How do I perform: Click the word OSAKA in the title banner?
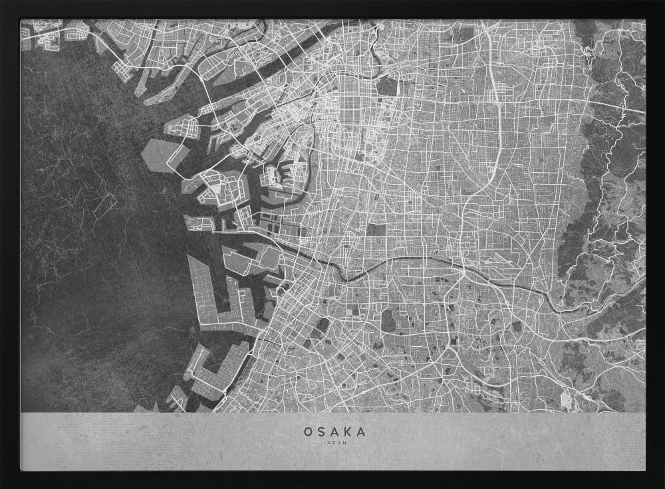pyautogui.click(x=334, y=431)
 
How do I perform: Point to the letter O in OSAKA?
pyautogui.click(x=308, y=431)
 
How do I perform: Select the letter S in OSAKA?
pyautogui.click(x=321, y=431)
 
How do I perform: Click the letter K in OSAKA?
pyautogui.click(x=348, y=431)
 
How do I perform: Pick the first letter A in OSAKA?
pyautogui.click(x=334, y=431)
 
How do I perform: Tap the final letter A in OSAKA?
pyautogui.click(x=361, y=431)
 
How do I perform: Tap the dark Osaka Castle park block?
pyautogui.click(x=388, y=87)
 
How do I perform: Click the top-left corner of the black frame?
pyautogui.click(x=3, y=3)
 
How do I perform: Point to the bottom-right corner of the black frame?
pyautogui.click(x=662, y=486)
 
